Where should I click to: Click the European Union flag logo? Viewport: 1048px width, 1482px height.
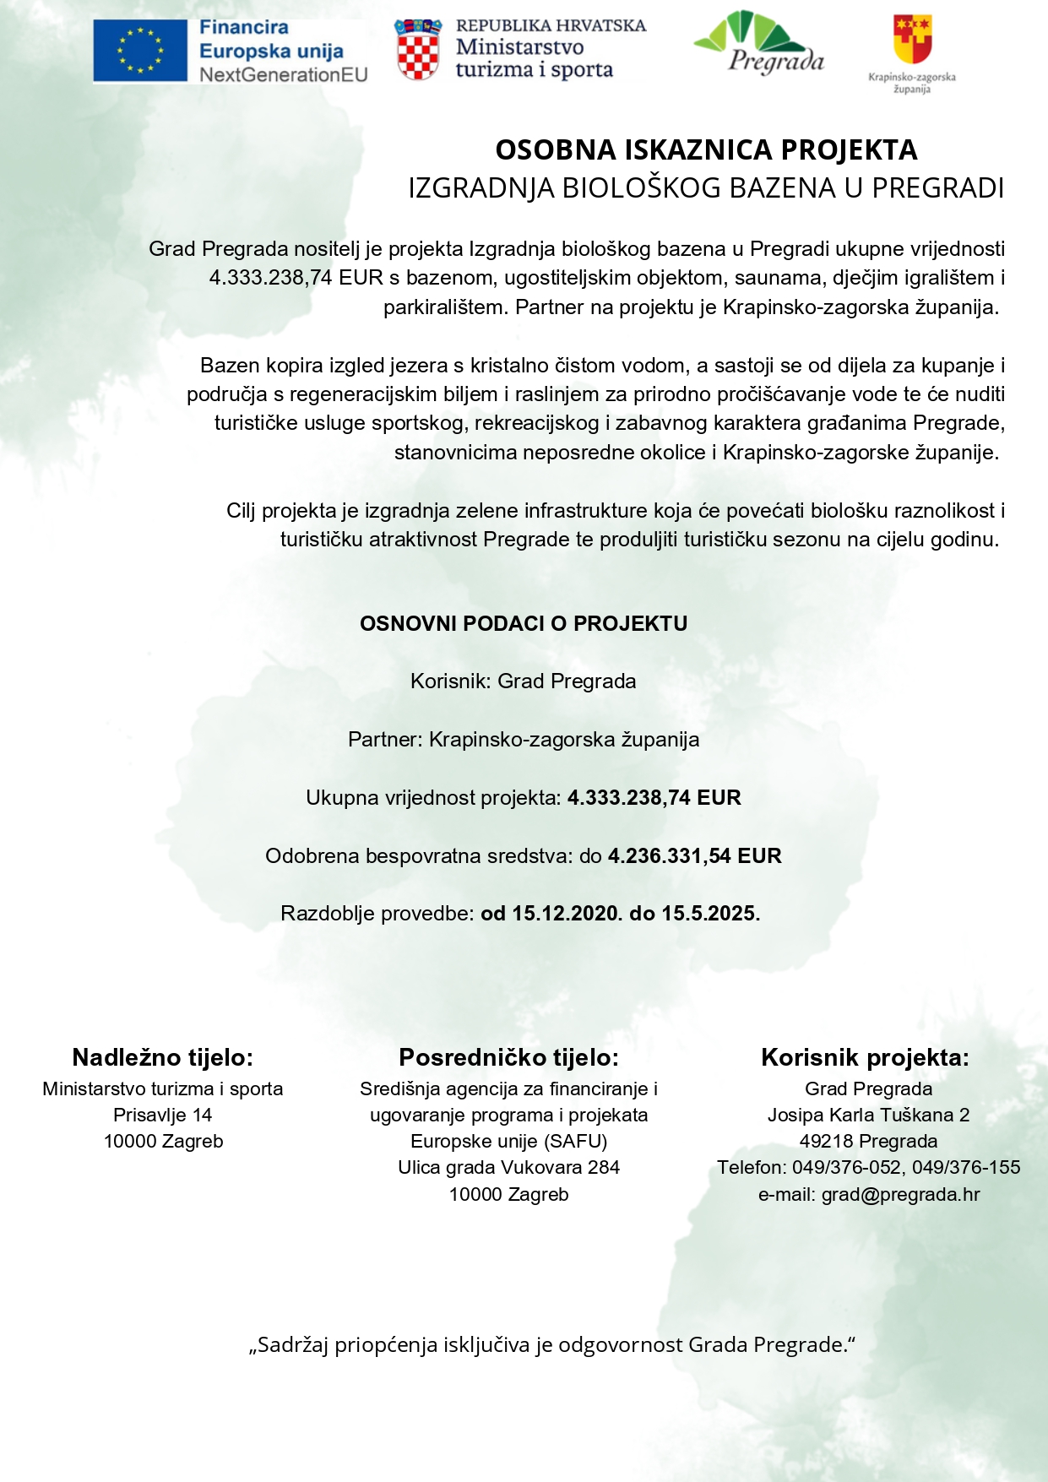coord(140,52)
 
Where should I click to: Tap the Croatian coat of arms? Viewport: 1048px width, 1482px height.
coord(417,50)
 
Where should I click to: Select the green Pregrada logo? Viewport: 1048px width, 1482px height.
coord(758,42)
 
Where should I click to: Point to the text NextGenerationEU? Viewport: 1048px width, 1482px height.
coord(284,75)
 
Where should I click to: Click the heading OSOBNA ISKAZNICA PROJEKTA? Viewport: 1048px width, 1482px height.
coord(706,149)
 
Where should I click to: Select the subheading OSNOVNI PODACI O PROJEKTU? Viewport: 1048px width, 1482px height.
coord(524,623)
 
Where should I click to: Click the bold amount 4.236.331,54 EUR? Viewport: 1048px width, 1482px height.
coord(694,855)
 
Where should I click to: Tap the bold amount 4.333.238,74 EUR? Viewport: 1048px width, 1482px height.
coord(654,798)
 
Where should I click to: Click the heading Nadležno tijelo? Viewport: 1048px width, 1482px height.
coord(163,1057)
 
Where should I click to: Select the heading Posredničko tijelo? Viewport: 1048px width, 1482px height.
coord(508,1057)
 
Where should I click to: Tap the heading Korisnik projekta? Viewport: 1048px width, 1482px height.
coord(866,1057)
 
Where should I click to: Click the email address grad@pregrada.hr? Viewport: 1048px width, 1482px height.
coord(900,1194)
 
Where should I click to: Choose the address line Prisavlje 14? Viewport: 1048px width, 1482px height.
coord(163,1115)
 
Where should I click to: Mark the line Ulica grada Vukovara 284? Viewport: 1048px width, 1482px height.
coord(508,1167)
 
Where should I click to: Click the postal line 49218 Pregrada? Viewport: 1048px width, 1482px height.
coord(868,1141)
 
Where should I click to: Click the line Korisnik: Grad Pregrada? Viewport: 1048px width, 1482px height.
coord(524,681)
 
